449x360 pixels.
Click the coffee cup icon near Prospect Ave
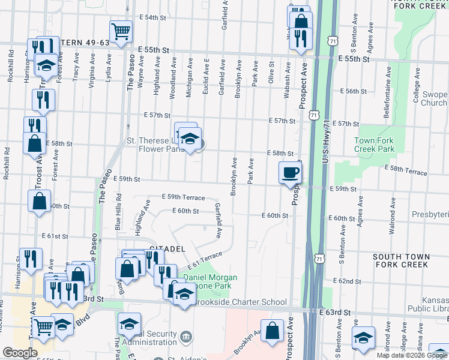tap(291, 173)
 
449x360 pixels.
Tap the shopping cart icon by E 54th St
tap(121, 32)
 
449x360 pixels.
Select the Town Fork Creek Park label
tap(375, 144)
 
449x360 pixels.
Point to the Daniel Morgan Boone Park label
tap(209, 281)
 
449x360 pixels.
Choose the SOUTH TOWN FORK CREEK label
tap(401, 260)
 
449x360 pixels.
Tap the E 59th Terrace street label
tap(183, 197)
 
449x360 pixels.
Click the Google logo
tap(20, 353)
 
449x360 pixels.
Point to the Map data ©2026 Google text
tap(412, 355)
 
